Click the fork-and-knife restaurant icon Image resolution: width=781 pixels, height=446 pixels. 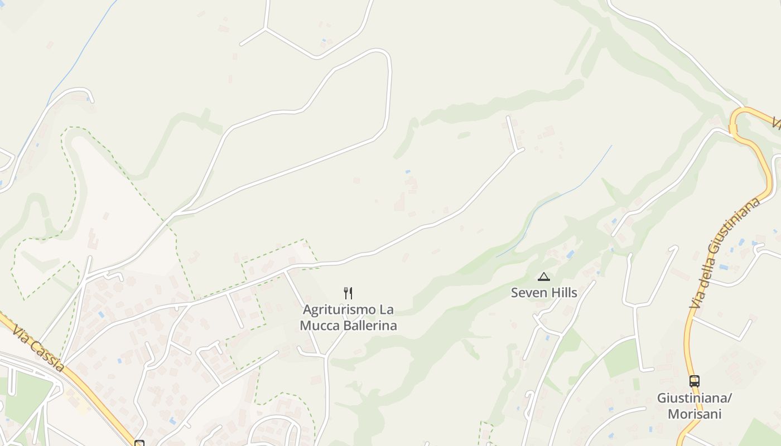coord(348,293)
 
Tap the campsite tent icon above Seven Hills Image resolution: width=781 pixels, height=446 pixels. coord(544,277)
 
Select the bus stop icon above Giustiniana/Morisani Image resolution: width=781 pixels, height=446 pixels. coord(695,381)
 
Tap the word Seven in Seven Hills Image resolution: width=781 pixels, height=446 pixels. coord(526,293)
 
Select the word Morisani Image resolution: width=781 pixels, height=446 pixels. coord(695,414)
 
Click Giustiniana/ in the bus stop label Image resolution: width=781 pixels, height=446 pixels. coord(694,399)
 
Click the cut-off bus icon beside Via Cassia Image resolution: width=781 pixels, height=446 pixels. coord(139,443)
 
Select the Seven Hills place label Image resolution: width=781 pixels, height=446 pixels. coord(544,293)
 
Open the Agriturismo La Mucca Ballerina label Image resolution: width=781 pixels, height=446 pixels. coord(349,317)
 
